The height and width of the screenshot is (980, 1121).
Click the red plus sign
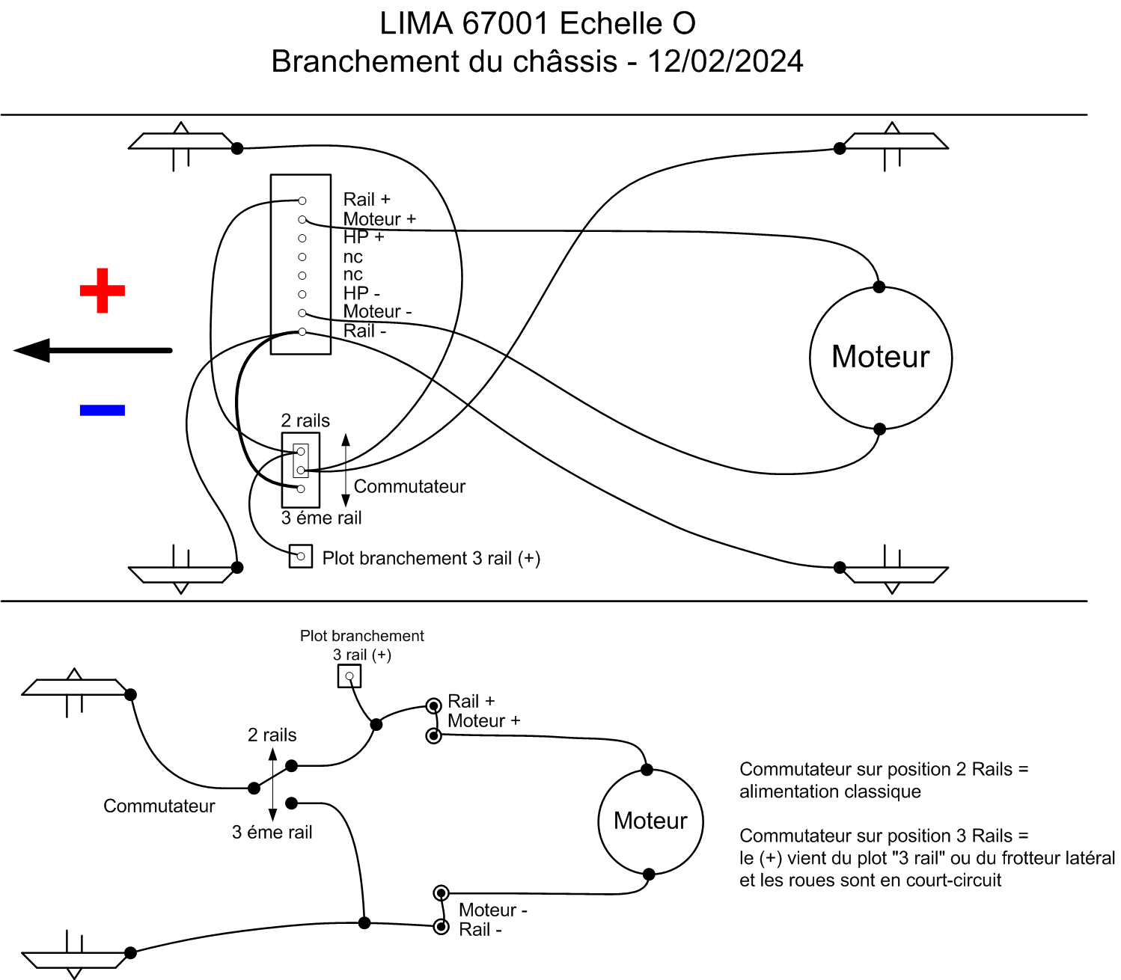[x=103, y=290]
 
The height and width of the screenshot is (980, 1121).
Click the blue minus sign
[x=103, y=410]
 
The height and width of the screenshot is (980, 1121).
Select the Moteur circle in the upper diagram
[x=881, y=358]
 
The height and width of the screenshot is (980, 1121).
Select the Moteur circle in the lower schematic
[x=650, y=821]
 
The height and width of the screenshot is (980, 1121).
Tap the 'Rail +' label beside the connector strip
[x=367, y=200]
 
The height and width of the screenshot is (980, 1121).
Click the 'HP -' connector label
[x=361, y=293]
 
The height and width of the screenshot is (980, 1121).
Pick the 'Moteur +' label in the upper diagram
[x=379, y=219]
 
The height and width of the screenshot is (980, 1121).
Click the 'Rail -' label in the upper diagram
[x=364, y=331]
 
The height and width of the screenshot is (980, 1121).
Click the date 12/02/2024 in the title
[x=725, y=61]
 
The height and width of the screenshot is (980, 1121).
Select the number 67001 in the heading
[x=506, y=24]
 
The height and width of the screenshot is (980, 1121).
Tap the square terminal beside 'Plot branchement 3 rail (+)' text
[x=301, y=557]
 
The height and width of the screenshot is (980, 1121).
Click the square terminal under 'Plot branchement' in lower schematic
[x=349, y=676]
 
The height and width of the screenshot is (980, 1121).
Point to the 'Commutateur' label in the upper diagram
[x=409, y=486]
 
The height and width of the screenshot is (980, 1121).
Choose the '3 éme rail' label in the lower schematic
[x=272, y=832]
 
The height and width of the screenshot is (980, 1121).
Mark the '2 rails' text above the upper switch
[x=305, y=420]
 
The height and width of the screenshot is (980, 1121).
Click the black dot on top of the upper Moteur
[x=879, y=287]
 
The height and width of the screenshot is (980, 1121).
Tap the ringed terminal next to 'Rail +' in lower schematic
[x=433, y=705]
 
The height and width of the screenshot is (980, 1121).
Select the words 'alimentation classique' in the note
[x=830, y=791]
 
